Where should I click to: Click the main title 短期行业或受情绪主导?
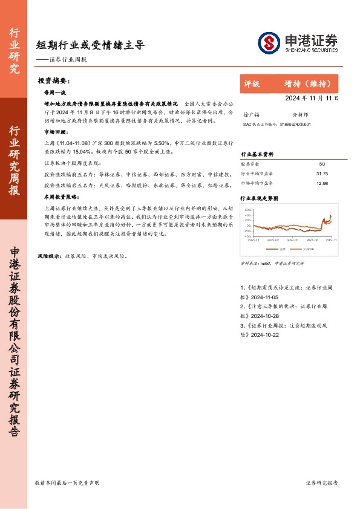90,45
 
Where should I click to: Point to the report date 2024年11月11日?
312,98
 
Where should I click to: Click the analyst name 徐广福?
250,114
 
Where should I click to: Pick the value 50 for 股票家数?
321,164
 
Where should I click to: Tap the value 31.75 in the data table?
321,173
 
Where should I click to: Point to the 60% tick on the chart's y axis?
247,209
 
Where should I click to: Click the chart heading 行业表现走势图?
260,198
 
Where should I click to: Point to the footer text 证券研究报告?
322,483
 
